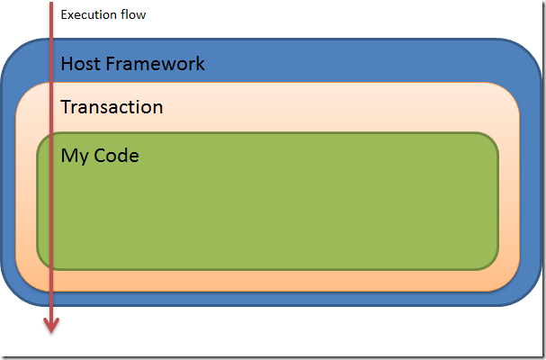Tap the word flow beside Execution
133,14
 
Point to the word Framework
156,63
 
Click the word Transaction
112,106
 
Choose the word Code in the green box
117,156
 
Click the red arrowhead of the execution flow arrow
51,325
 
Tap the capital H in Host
67,64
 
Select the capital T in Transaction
67,107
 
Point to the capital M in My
69,156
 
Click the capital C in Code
100,156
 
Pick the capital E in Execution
64,14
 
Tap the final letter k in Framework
201,63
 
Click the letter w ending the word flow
141,16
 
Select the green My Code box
268,201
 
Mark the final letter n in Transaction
158,109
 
